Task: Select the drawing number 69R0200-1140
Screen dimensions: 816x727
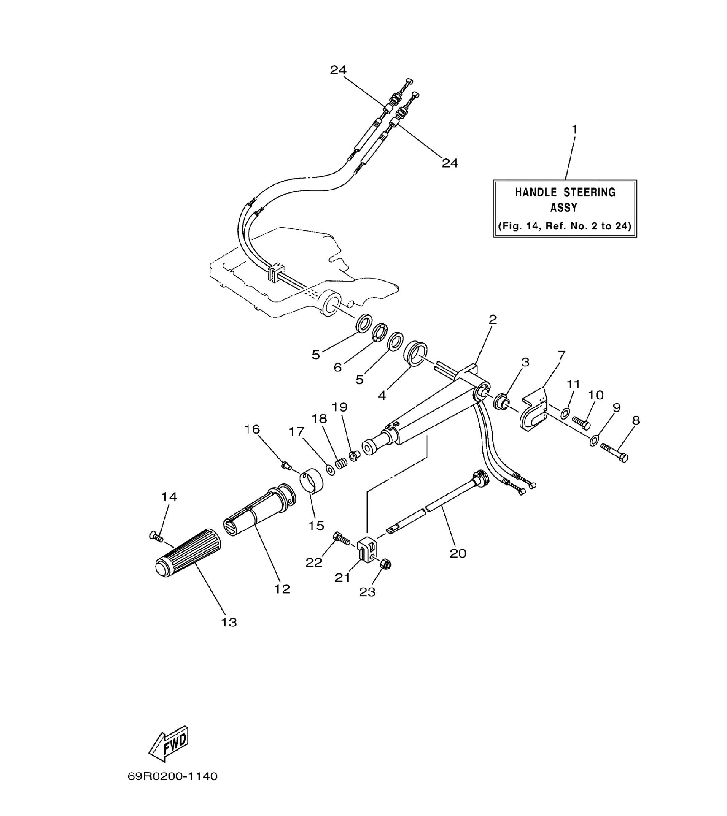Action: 172,788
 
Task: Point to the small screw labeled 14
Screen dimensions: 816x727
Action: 156,537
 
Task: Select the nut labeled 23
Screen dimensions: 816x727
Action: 385,564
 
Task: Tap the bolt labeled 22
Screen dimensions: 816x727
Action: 341,538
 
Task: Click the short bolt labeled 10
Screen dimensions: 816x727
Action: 581,422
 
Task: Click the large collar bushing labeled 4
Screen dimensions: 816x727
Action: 415,354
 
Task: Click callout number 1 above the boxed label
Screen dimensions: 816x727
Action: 574,129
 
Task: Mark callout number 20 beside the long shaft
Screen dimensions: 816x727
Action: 458,553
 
